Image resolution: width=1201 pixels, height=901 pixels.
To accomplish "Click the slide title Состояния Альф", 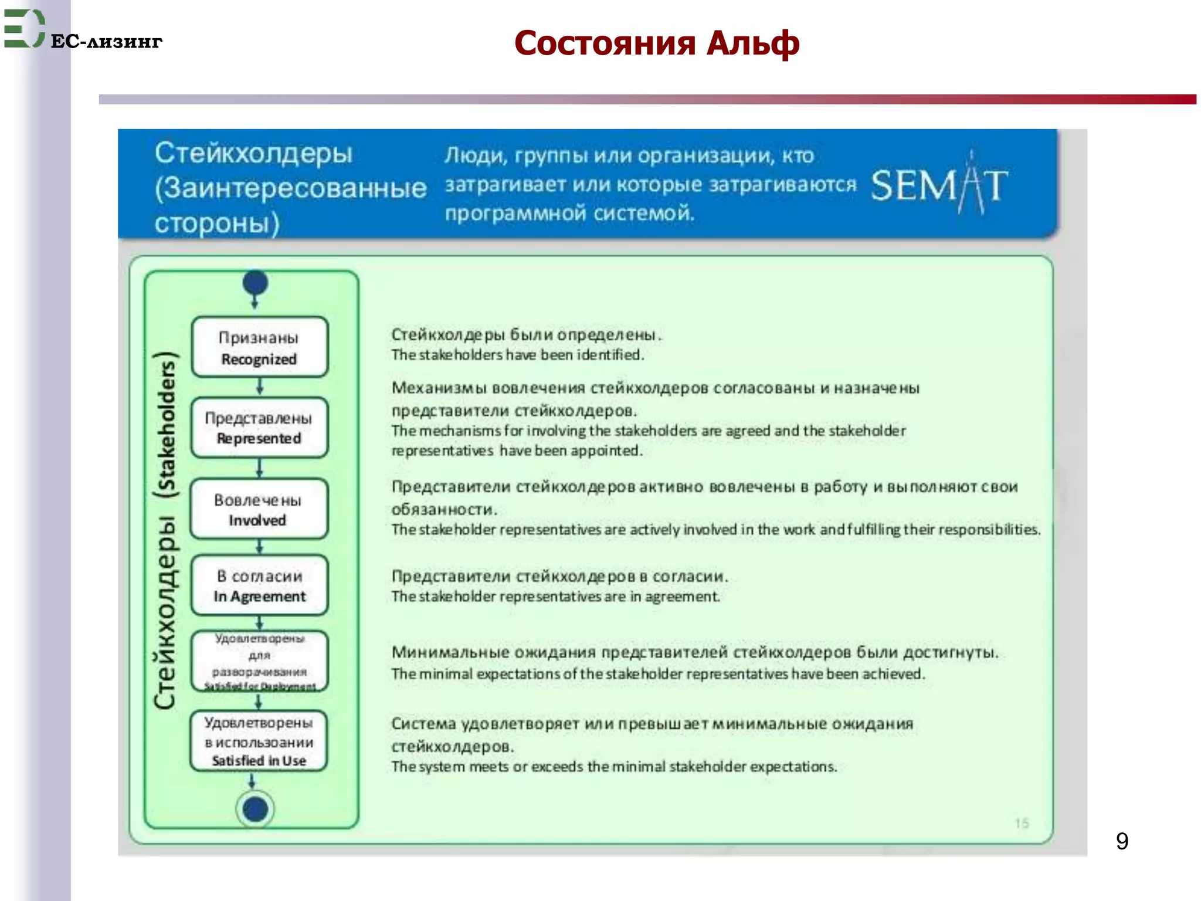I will pos(656,43).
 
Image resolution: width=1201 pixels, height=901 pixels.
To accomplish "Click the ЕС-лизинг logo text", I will pos(106,42).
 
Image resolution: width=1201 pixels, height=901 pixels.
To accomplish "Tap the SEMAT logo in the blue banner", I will pos(939,185).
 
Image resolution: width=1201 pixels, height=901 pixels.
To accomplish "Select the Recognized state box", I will pos(259,347).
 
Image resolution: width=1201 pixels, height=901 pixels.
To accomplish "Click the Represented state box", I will pos(259,428).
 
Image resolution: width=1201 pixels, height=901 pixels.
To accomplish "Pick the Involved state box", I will pos(259,509).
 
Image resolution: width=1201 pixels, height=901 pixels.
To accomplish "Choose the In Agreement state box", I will pos(259,585).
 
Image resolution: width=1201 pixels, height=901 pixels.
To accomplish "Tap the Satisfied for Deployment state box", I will pos(259,662).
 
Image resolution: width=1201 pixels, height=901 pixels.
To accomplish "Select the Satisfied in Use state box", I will pos(259,741).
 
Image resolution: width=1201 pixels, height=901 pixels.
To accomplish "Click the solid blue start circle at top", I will pos(255,283).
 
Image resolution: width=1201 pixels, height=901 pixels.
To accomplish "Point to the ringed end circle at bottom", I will pos(255,809).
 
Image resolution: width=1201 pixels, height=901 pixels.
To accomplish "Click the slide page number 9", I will pos(1122,841).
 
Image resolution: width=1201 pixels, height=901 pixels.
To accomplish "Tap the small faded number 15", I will pos(1022,823).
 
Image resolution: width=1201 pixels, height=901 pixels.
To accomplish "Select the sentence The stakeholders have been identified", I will pos(517,355).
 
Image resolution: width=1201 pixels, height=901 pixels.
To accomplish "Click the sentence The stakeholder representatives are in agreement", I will pos(555,597).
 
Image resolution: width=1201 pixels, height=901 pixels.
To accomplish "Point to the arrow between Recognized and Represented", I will pos(260,387).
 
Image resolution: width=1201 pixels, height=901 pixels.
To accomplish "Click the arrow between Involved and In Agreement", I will pos(260,547).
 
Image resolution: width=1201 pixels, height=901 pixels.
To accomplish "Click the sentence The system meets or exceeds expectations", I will pos(613,767).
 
